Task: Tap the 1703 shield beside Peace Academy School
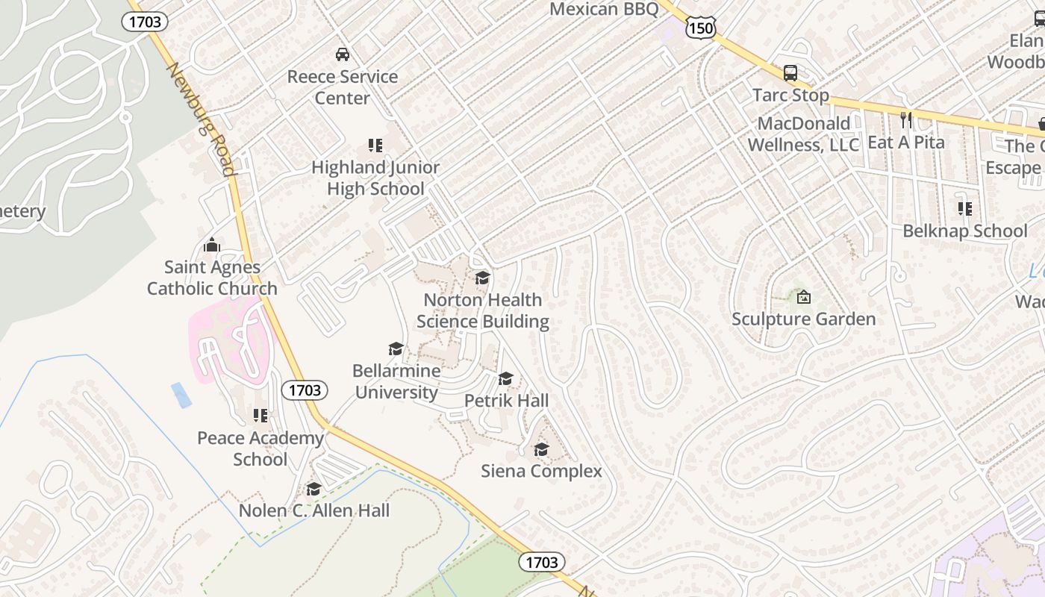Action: [305, 390]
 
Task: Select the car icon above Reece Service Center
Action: [343, 54]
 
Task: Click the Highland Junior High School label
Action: [375, 178]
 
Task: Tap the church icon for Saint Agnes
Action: [212, 245]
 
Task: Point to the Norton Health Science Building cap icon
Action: [483, 278]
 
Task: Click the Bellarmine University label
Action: [396, 381]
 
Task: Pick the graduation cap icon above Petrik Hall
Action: [506, 379]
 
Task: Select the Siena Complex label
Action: [541, 471]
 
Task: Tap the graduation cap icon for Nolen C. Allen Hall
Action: [313, 490]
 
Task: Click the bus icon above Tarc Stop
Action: [790, 73]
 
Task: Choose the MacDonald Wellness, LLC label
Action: [804, 134]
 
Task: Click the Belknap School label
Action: [965, 231]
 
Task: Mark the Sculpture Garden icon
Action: [804, 297]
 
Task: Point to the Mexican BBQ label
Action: [604, 9]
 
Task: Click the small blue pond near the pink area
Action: [181, 395]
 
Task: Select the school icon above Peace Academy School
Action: [260, 416]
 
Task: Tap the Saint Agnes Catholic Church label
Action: [212, 278]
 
